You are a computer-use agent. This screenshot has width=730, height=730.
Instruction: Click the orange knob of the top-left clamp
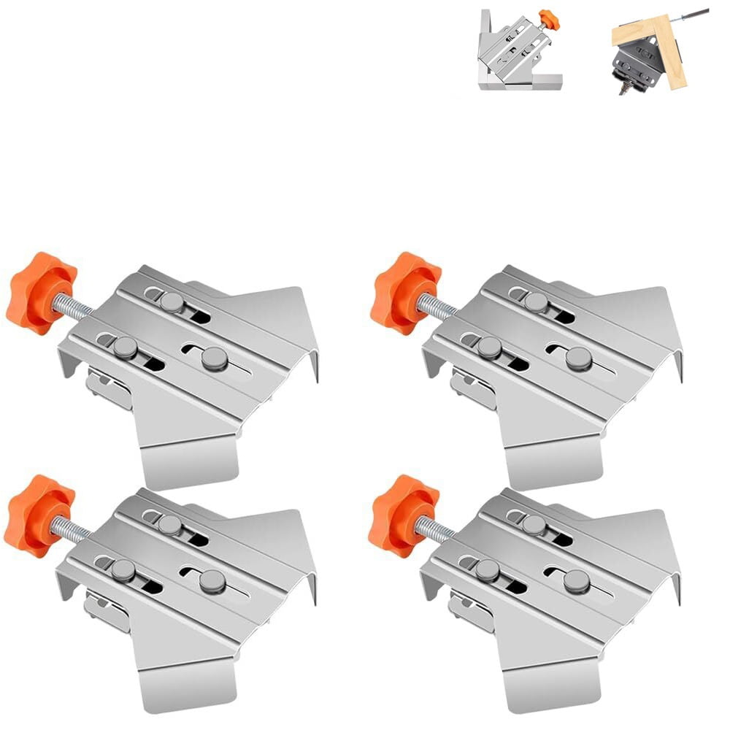pyautogui.click(x=40, y=292)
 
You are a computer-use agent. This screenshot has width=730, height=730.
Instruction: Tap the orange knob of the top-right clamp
pyautogui.click(x=404, y=292)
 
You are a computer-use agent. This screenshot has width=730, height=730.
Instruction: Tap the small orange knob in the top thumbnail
pyautogui.click(x=549, y=20)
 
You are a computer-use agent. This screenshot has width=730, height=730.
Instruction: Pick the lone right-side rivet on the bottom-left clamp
pyautogui.click(x=212, y=581)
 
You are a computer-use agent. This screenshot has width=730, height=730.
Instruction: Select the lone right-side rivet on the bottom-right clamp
pyautogui.click(x=577, y=581)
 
